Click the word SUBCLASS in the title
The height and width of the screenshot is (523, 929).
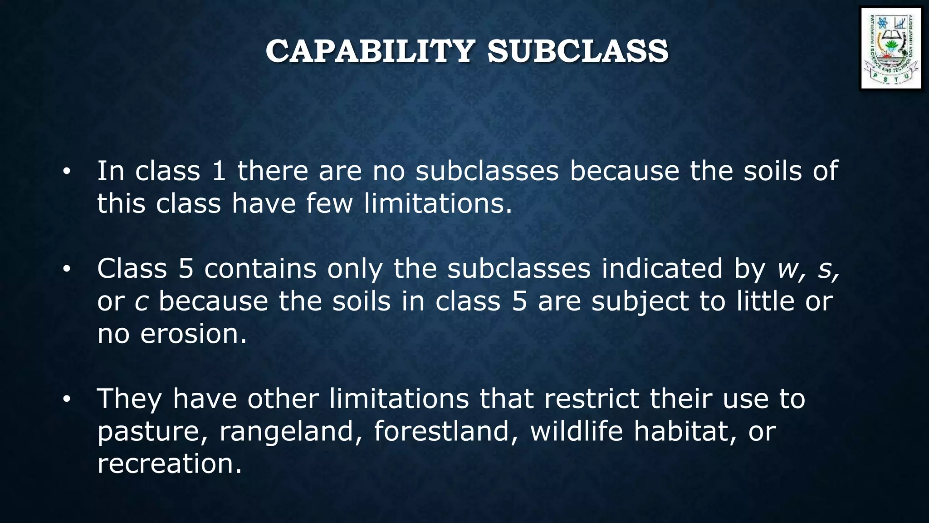pyautogui.click(x=577, y=51)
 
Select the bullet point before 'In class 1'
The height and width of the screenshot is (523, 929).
pyautogui.click(x=67, y=172)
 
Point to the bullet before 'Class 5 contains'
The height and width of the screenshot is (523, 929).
pyautogui.click(x=67, y=269)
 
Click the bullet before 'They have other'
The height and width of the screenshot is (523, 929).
pyautogui.click(x=67, y=400)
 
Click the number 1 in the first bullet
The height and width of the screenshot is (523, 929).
pyautogui.click(x=219, y=171)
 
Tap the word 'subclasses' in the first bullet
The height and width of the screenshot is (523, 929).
pyautogui.click(x=487, y=171)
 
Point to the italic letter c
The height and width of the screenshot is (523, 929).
pyautogui.click(x=141, y=301)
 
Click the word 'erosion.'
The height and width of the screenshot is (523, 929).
pyautogui.click(x=194, y=334)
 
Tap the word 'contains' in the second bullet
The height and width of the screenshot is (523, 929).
pyautogui.click(x=260, y=269)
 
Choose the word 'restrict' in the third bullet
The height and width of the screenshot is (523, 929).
pyautogui.click(x=591, y=399)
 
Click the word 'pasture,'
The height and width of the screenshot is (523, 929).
pyautogui.click(x=152, y=431)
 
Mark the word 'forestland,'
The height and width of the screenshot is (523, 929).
pyautogui.click(x=446, y=431)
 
